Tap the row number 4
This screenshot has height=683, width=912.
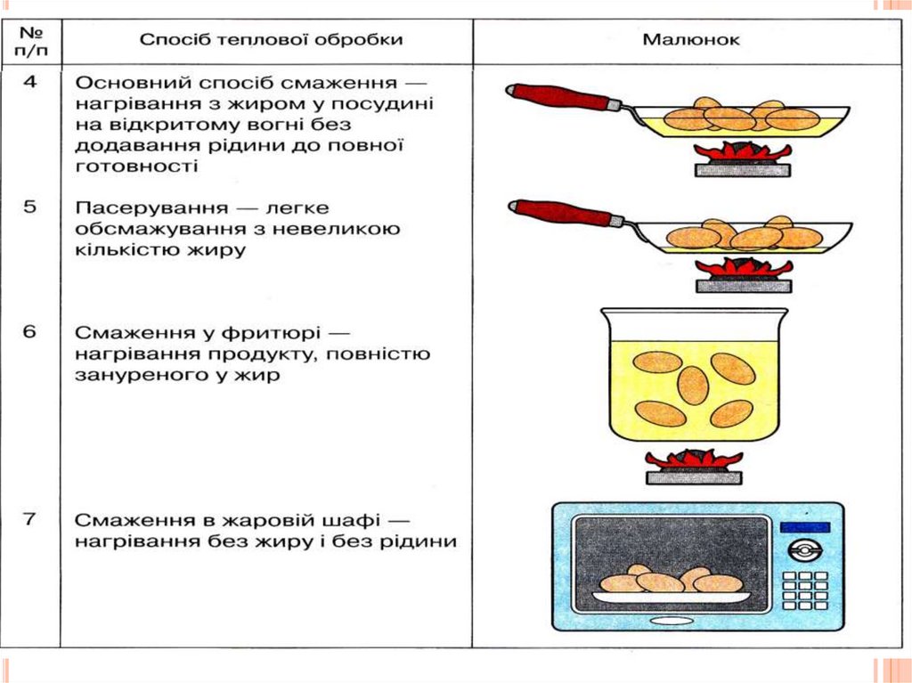(30, 82)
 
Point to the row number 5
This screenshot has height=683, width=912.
(30, 207)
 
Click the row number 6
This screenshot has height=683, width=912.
(30, 332)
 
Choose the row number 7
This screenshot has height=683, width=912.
(30, 518)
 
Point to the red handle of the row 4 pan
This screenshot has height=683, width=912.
(559, 95)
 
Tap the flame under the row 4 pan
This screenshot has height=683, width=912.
(743, 152)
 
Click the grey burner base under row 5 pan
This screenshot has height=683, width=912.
(743, 286)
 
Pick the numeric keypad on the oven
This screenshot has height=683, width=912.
(803, 589)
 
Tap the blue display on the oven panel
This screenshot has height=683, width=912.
(803, 527)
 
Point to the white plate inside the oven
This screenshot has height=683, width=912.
(671, 597)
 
